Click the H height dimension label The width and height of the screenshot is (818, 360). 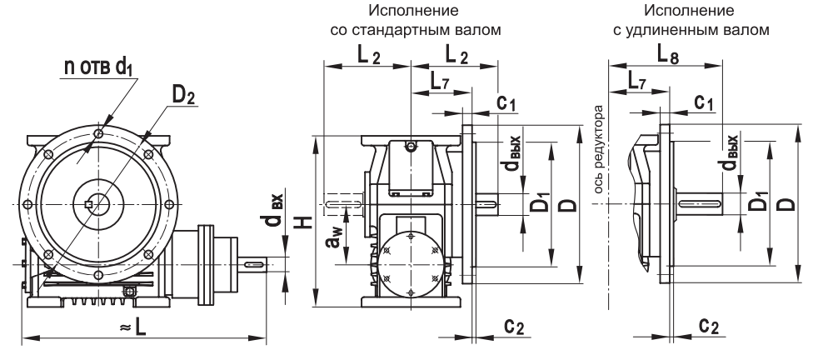tap(306, 221)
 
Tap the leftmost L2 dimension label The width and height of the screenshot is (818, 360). tap(363, 56)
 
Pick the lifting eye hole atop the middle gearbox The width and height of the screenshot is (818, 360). tap(411, 147)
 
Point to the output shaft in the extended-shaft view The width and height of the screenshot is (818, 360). tap(704, 204)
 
